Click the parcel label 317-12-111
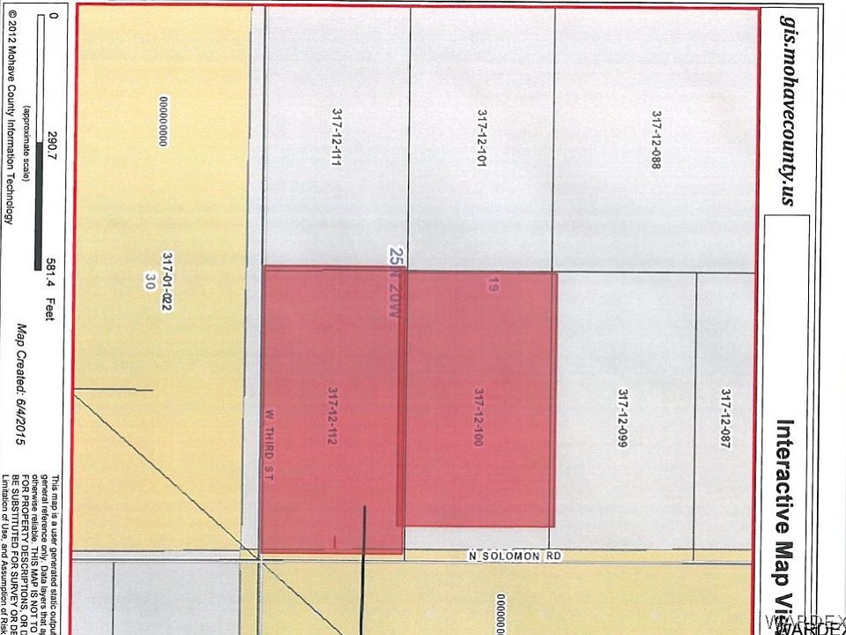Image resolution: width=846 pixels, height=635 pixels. coord(336,138)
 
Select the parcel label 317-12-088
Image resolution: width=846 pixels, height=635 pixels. coord(656,139)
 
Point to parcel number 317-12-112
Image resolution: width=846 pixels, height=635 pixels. coord(332,415)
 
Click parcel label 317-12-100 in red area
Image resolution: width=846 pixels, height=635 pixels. coord(478,417)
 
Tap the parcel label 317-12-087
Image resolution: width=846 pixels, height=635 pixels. coord(724,419)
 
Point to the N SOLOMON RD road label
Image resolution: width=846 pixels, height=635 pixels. coord(514,557)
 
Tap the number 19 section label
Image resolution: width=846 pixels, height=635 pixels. coord(492,284)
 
